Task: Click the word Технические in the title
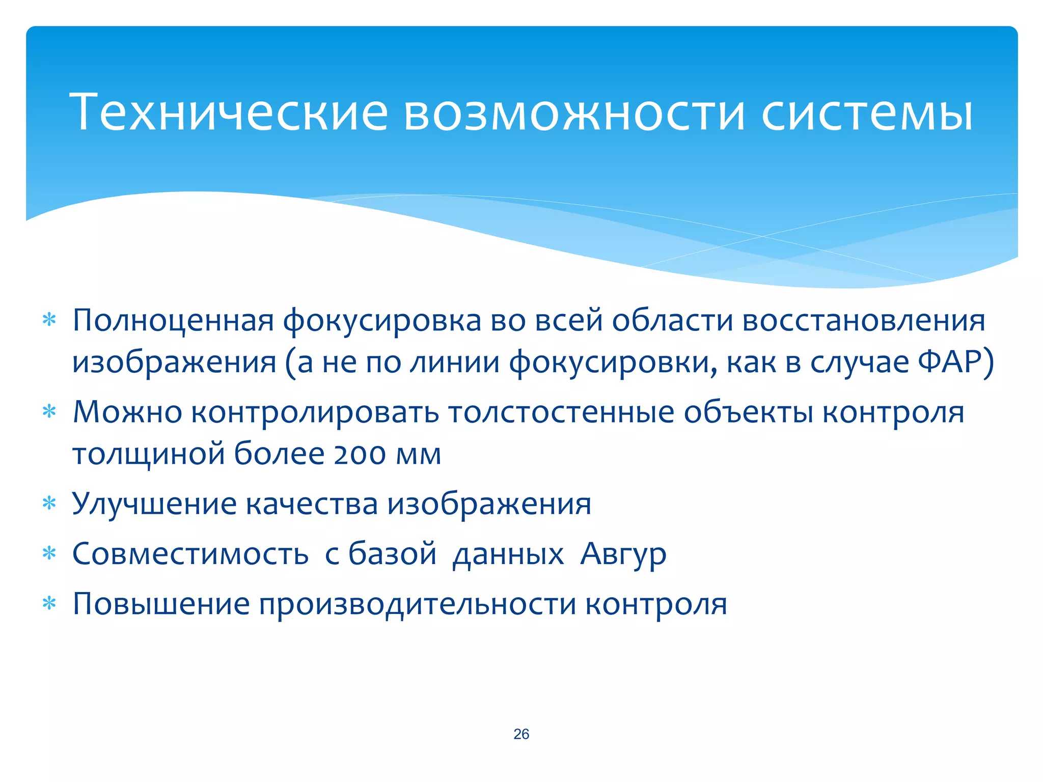(229, 111)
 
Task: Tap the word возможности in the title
(574, 111)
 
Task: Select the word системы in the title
(867, 111)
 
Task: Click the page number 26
(521, 734)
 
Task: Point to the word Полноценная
(173, 321)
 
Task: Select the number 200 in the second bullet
(360, 454)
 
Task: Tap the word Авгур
(623, 553)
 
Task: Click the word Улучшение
(154, 504)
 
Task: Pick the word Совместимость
(190, 553)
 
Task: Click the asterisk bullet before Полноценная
(49, 321)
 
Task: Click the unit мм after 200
(418, 454)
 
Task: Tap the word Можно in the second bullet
(127, 412)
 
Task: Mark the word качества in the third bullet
(312, 504)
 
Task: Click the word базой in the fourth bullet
(392, 553)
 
